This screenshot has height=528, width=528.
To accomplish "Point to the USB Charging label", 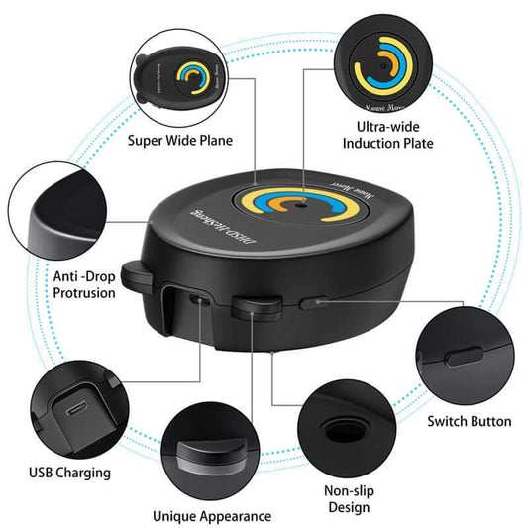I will (x=69, y=473).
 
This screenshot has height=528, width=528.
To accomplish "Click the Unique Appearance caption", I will (x=211, y=516).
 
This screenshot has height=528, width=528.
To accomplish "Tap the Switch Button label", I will (x=469, y=421).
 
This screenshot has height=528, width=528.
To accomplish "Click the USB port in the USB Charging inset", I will (x=74, y=406).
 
